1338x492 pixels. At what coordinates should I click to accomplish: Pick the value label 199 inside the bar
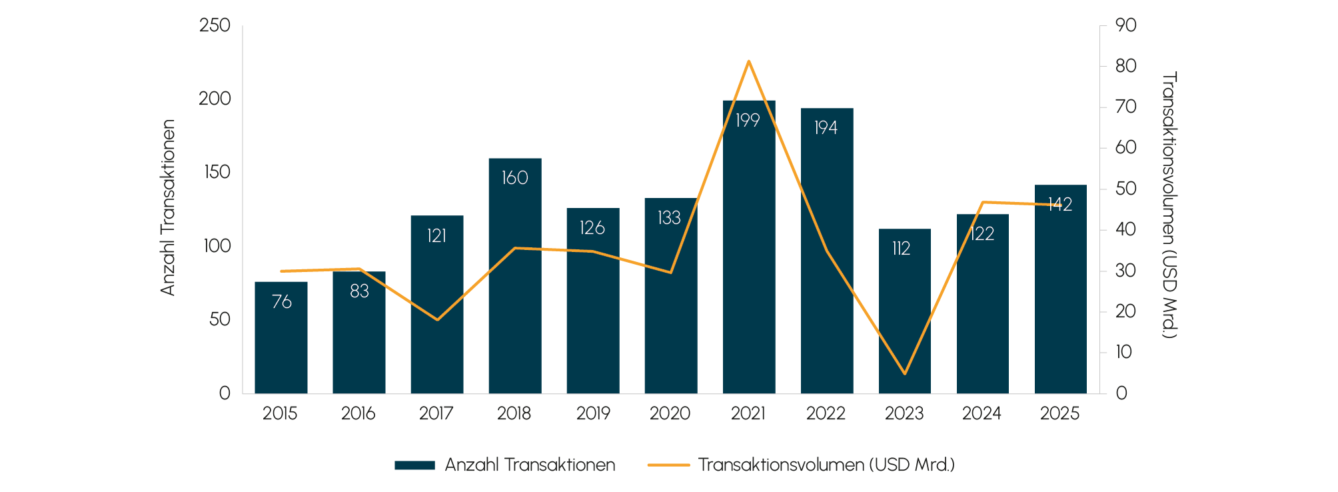pos(748,121)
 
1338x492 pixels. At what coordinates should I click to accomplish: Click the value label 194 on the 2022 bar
pos(826,128)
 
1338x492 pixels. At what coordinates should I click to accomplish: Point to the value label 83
pos(359,291)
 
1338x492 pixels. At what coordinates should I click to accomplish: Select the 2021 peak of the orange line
pos(749,61)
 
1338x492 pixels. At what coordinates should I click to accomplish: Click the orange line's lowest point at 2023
pos(904,373)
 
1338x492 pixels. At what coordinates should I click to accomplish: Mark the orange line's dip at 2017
pos(437,319)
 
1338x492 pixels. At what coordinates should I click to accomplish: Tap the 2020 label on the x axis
pos(670,414)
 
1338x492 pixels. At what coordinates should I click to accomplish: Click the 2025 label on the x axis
pos(1059,414)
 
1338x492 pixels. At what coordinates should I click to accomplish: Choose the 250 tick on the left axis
pos(215,26)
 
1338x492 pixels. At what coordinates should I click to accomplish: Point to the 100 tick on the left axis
pos(217,246)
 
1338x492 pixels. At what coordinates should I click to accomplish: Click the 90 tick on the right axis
pos(1126,25)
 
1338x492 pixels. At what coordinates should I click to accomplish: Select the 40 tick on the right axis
pos(1126,229)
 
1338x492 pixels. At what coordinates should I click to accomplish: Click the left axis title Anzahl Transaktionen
pos(168,207)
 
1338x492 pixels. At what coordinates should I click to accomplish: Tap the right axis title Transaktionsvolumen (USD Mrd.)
pos(1170,205)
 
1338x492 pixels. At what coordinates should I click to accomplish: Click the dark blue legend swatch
pos(414,465)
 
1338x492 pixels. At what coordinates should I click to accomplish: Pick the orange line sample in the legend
pos(668,465)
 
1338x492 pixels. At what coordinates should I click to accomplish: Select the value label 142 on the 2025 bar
pos(1060,205)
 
